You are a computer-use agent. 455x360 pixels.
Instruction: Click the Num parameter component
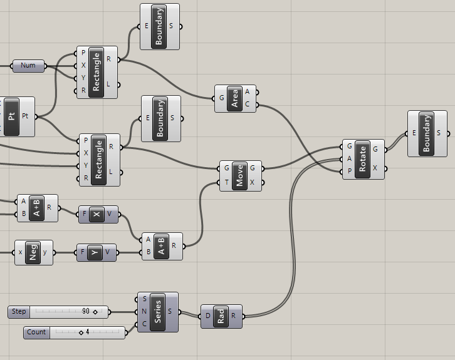(x=28, y=66)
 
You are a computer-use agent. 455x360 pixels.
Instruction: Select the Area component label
(x=235, y=98)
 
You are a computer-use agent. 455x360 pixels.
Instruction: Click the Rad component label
(x=221, y=316)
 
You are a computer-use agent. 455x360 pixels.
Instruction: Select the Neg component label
(x=34, y=252)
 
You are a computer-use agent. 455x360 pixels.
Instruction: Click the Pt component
(x=12, y=116)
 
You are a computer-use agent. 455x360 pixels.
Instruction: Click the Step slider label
(x=19, y=311)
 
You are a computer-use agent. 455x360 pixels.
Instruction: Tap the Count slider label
(x=36, y=332)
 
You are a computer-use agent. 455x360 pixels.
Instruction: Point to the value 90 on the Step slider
(x=86, y=311)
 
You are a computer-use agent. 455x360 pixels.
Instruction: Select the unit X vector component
(x=97, y=215)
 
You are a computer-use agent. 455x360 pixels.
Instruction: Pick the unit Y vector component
(x=95, y=253)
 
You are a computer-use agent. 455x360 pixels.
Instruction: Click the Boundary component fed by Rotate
(x=427, y=133)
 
